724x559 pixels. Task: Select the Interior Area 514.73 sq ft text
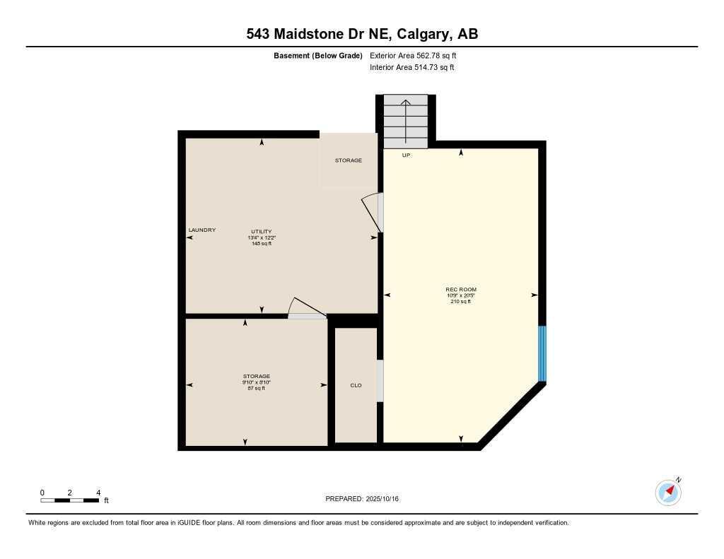[411, 68]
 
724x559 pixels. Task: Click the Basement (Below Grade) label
[318, 55]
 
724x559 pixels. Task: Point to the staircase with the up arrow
[406, 121]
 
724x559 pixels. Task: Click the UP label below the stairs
[406, 155]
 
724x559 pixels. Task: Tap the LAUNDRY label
[202, 230]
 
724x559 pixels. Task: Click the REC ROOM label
[461, 289]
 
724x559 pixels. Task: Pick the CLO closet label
[356, 385]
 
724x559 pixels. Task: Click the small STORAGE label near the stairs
[349, 160]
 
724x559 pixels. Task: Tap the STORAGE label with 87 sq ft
[256, 377]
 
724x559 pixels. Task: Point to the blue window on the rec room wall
[542, 353]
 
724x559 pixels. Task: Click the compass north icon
[668, 492]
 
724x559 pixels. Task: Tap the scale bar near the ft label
[69, 500]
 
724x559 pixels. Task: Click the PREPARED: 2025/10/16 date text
[362, 499]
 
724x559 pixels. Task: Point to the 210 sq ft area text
[461, 301]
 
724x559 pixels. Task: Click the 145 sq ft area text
[262, 244]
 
